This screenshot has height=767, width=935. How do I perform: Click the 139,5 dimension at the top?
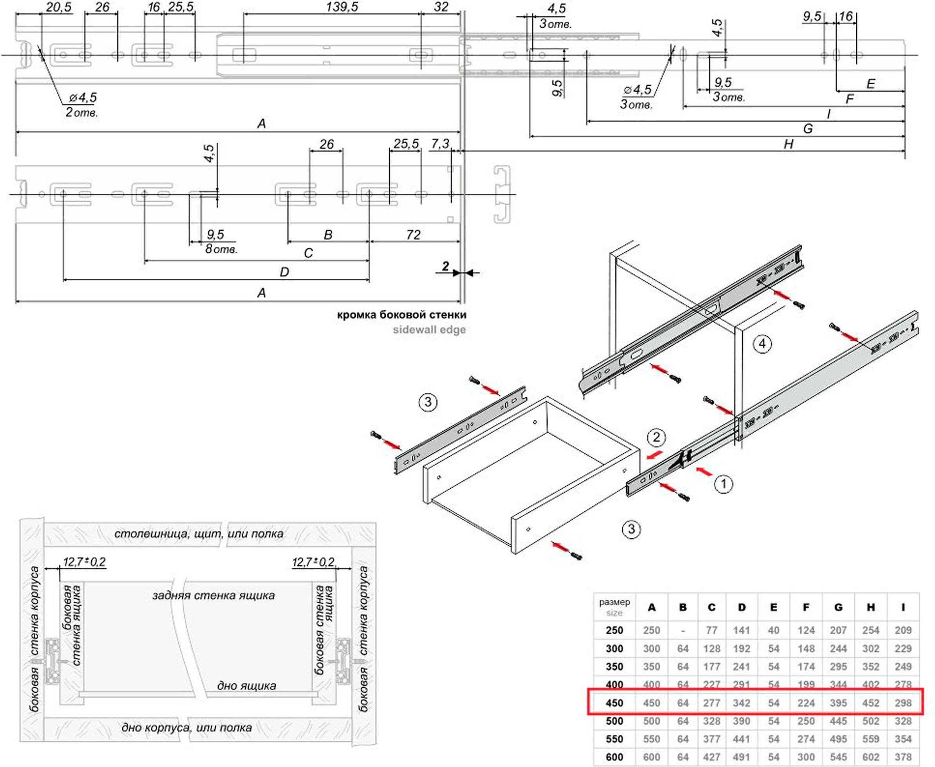pyautogui.click(x=342, y=7)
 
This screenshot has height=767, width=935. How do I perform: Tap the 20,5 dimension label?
pyautogui.click(x=58, y=7)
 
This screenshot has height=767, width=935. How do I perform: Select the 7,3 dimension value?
pyautogui.click(x=440, y=144)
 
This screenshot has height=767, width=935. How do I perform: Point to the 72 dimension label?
pyautogui.click(x=413, y=235)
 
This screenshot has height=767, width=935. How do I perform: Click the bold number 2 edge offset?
pyautogui.click(x=446, y=266)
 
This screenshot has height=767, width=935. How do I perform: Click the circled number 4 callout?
pyautogui.click(x=762, y=344)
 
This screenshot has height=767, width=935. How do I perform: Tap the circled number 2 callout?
pyautogui.click(x=656, y=437)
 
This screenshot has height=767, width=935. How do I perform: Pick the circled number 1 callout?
pyautogui.click(x=723, y=484)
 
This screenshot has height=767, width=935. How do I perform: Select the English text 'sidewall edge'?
pyautogui.click(x=429, y=330)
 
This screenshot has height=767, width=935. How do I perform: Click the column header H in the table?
pyautogui.click(x=870, y=608)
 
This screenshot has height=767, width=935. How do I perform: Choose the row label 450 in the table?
pyautogui.click(x=614, y=703)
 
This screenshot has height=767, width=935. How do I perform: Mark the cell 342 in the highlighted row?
pyautogui.click(x=741, y=703)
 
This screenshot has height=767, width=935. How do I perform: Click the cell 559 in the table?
pyautogui.click(x=870, y=739)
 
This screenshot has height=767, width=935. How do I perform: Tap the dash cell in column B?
pyautogui.click(x=683, y=630)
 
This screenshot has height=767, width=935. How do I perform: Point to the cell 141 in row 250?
pyautogui.click(x=741, y=630)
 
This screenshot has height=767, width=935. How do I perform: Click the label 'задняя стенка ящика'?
pyautogui.click(x=213, y=596)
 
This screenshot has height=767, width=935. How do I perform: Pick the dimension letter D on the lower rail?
pyautogui.click(x=284, y=272)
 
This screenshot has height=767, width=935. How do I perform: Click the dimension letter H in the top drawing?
pyautogui.click(x=788, y=144)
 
